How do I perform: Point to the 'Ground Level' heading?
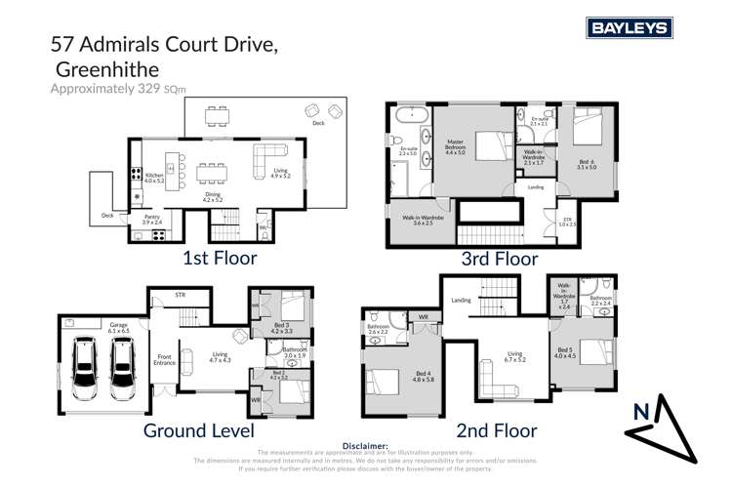(x=200, y=429)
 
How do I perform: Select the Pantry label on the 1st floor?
(x=152, y=219)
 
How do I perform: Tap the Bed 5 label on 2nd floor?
(x=567, y=350)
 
